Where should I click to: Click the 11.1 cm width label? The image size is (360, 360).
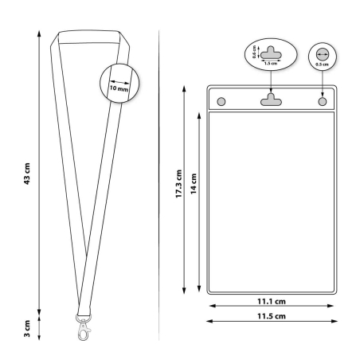coord(271,303)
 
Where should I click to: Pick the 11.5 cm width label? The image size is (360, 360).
coord(271,317)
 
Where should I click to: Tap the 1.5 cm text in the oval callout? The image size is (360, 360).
coord(270,62)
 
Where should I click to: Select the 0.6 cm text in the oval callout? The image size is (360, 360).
coord(254,53)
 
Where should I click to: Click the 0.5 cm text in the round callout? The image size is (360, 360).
coord(322,64)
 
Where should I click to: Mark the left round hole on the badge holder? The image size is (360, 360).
coord(221,101)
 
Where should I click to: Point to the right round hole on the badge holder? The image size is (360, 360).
coord(322,101)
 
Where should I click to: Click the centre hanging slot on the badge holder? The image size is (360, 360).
coord(272,99)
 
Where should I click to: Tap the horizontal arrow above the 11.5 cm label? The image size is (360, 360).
coord(271,321)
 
